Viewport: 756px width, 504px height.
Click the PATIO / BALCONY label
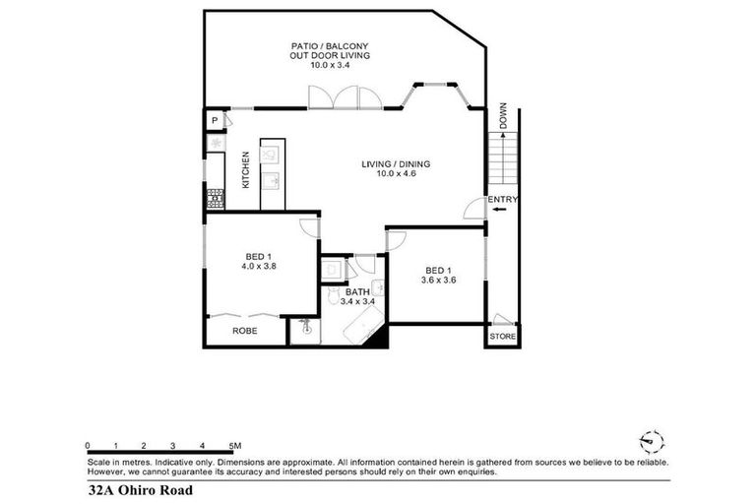(329, 46)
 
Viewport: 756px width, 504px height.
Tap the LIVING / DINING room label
(397, 164)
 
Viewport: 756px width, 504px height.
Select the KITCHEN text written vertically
(245, 169)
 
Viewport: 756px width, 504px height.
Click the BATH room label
(357, 292)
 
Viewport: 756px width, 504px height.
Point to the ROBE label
(244, 332)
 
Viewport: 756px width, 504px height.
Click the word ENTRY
(502, 200)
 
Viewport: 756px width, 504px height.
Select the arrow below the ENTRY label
(499, 210)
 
